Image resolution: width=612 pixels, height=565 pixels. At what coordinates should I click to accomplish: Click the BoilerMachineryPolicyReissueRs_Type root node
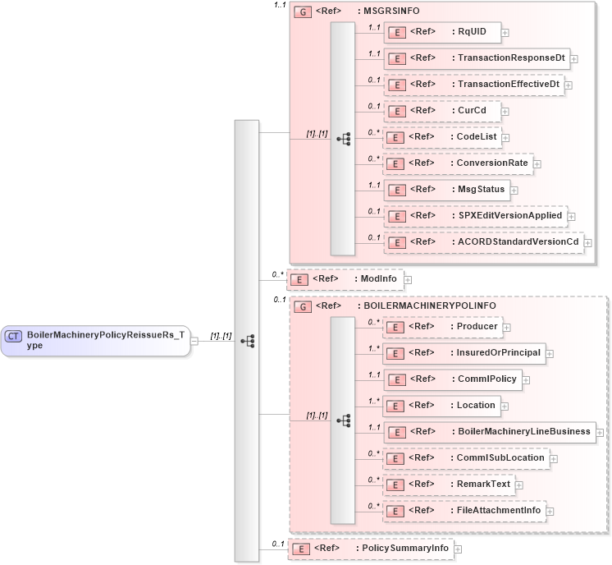[95, 339]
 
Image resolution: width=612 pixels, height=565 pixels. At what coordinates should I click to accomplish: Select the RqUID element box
[442, 32]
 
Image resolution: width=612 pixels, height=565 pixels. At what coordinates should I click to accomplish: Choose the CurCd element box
[443, 111]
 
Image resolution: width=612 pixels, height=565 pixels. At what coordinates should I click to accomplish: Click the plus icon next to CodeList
[505, 138]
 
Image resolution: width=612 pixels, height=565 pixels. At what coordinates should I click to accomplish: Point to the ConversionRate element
[459, 163]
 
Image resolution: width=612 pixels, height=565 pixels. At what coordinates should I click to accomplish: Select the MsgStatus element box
[446, 190]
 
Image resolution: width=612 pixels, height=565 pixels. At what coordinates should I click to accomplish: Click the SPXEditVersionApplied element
[475, 216]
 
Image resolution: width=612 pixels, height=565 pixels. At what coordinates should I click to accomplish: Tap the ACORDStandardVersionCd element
[483, 242]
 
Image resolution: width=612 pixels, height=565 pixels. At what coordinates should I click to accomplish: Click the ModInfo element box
[345, 279]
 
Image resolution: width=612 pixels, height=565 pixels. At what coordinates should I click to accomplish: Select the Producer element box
[443, 327]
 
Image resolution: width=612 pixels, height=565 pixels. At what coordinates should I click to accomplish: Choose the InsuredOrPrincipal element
[464, 353]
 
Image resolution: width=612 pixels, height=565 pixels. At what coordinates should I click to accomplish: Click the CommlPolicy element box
[453, 379]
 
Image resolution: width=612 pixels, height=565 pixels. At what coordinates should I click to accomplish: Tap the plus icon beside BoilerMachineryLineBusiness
[601, 432]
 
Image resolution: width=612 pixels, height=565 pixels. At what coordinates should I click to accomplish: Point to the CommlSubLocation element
[466, 458]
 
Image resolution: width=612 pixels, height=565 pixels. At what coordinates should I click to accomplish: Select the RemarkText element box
[450, 485]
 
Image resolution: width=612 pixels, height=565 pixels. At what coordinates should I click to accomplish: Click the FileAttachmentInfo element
[464, 511]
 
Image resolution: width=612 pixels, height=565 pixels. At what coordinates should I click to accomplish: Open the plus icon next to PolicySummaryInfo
[459, 549]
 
